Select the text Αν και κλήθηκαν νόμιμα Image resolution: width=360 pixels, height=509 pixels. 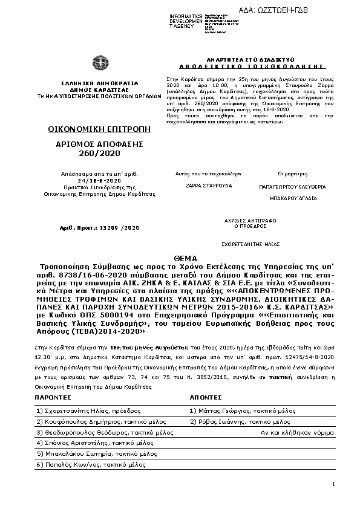[297, 433]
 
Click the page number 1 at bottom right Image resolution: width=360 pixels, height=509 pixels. [333, 484]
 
